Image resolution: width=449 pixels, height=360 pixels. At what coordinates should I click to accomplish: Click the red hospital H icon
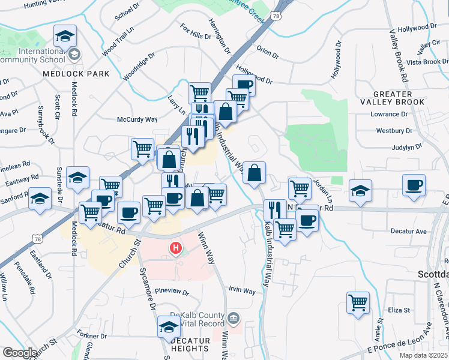[176, 247]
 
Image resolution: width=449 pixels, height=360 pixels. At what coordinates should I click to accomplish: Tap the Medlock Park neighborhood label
[76, 74]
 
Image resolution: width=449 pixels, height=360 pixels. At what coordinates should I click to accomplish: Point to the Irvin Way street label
[242, 291]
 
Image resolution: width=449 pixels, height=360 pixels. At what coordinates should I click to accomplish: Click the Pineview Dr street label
[172, 293]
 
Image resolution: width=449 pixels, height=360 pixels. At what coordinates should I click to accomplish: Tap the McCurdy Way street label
[137, 119]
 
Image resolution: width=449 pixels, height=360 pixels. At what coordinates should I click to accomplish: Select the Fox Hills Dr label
[196, 32]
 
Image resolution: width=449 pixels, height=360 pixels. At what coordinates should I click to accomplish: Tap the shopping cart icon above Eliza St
[358, 302]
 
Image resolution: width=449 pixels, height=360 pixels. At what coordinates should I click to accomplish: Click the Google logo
[20, 353]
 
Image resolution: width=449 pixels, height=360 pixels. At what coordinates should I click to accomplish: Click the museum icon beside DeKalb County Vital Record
[234, 317]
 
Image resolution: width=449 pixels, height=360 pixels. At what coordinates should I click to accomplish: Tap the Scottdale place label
[433, 274]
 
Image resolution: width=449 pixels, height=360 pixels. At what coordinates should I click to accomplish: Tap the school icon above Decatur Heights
[169, 326]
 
